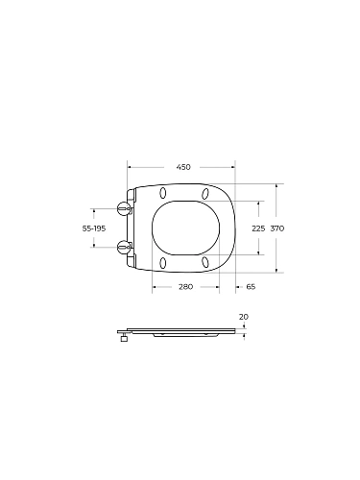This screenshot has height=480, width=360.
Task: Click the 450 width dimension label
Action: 183,167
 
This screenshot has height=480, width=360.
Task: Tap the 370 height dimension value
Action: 277,228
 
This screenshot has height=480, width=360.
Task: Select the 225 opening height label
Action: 258,228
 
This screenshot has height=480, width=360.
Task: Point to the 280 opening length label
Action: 186,287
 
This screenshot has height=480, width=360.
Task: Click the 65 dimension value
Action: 251,287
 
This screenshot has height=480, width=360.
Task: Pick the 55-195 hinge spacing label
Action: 94,228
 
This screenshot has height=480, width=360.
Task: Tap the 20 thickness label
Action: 244,317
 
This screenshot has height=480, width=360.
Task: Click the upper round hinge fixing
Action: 124,208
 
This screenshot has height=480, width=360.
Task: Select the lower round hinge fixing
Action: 124,247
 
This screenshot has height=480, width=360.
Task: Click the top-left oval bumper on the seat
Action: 163,193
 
